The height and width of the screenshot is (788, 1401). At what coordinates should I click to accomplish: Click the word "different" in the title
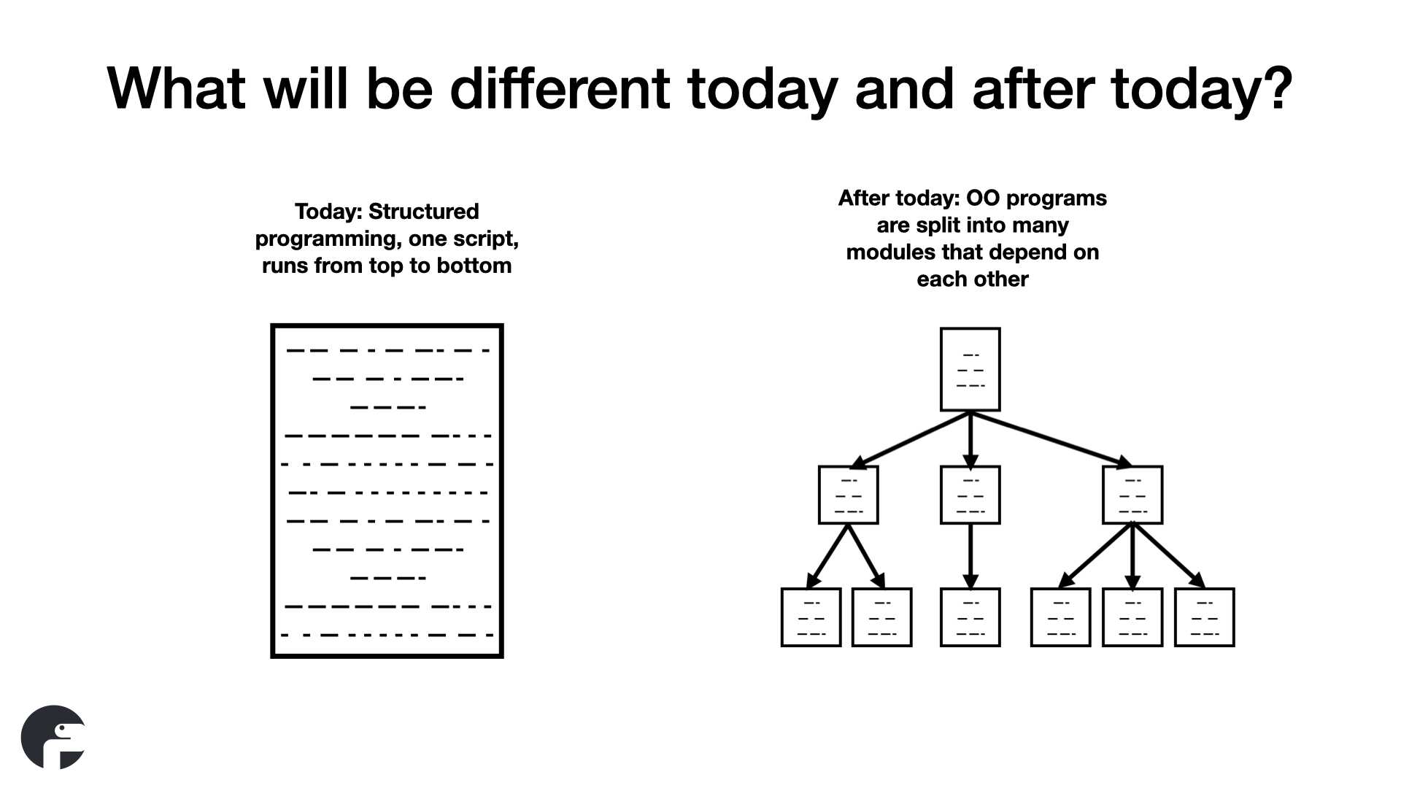pos(560,88)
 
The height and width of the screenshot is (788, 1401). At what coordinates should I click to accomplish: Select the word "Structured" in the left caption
pos(423,212)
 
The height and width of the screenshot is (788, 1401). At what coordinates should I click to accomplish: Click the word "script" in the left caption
pos(485,239)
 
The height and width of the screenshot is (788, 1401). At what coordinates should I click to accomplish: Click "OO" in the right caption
pos(981,198)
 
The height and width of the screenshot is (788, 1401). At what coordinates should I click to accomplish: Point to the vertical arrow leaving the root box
pos(970,440)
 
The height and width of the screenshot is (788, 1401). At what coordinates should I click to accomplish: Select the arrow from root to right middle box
pos(1051,439)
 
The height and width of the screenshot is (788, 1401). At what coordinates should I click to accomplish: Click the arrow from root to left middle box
pos(910,440)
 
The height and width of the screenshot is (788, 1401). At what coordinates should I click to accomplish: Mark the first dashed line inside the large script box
pos(387,350)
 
